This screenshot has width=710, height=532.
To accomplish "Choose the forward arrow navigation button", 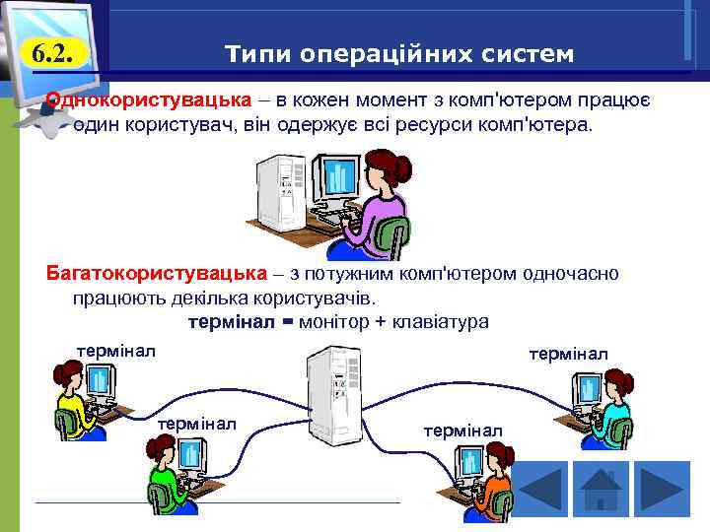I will (661, 489).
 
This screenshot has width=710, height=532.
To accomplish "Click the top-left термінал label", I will (116, 350).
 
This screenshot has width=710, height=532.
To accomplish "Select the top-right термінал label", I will (568, 353).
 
